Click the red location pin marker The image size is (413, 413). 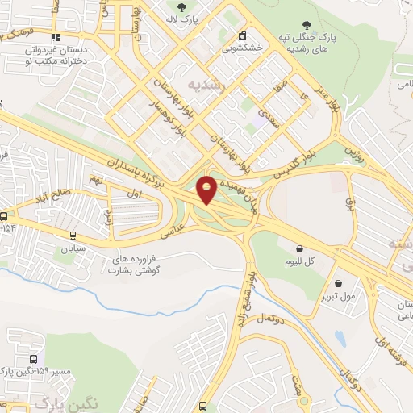[x=207, y=189]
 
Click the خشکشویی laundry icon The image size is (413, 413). [x=242, y=35]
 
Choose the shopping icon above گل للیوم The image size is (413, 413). [x=300, y=249]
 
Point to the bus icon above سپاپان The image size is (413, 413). [x=73, y=236]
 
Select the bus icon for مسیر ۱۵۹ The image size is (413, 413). [x=34, y=359]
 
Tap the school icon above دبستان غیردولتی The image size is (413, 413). [x=55, y=36]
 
